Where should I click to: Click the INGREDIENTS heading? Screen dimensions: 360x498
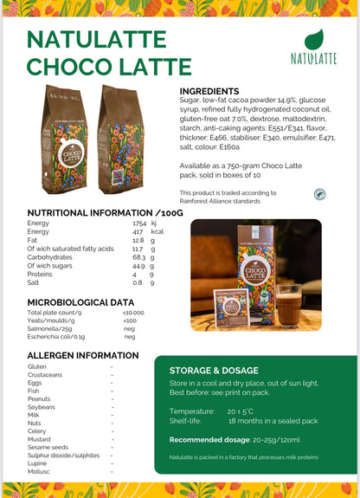[x=209, y=91]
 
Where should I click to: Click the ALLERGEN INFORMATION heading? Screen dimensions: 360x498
[x=83, y=355]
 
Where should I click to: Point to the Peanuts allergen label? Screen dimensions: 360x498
[x=40, y=398]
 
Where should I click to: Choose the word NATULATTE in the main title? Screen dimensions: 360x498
[x=95, y=40]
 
